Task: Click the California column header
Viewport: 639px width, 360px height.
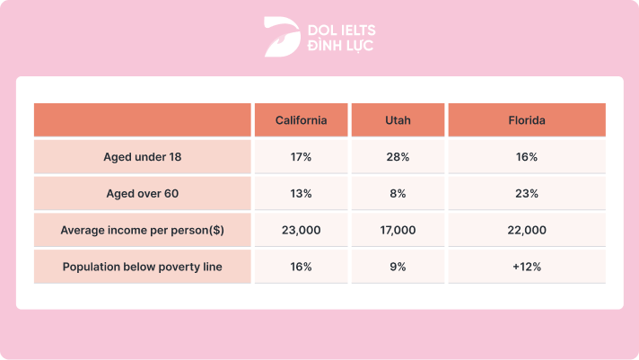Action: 301,120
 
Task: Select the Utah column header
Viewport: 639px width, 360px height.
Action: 398,120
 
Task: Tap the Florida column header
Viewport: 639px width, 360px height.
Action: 527,120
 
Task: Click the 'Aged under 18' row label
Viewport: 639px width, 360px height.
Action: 142,157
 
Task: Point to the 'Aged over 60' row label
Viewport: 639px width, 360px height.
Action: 142,194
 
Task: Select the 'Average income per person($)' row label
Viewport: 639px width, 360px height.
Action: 142,231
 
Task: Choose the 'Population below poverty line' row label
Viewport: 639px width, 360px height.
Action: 142,267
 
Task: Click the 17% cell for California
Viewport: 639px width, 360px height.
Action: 301,157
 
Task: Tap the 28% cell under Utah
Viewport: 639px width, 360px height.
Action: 398,157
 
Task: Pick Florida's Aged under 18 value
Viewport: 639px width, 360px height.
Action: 527,157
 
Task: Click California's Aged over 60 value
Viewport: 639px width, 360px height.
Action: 301,194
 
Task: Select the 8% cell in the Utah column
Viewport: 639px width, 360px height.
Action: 398,194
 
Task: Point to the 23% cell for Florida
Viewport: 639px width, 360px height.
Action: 527,194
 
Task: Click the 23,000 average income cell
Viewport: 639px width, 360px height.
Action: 301,231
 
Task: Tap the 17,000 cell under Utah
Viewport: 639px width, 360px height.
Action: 398,231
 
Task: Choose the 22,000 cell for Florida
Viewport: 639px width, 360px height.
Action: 527,231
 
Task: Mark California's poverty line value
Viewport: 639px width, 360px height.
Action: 301,267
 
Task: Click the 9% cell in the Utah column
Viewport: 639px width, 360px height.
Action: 398,267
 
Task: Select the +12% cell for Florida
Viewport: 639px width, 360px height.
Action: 527,267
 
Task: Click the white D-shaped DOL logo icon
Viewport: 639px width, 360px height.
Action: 280,37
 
